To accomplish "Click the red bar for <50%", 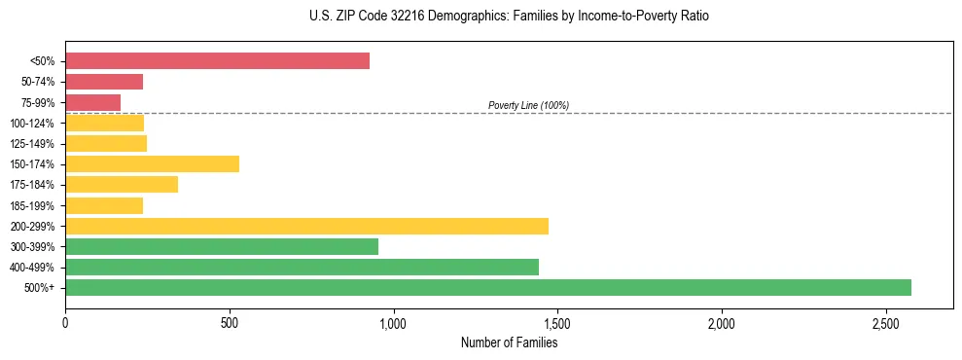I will click(217, 61).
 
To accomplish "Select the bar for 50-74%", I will click(104, 82).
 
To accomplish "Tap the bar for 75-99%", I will click(92, 102).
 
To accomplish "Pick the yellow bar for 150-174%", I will click(152, 164).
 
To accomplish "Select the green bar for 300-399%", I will click(222, 247).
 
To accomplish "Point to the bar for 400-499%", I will click(302, 268).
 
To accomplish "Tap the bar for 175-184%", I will click(122, 185).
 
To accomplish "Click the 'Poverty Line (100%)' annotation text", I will click(528, 105).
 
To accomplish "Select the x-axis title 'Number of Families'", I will click(509, 342).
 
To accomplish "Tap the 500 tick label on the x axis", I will click(230, 323).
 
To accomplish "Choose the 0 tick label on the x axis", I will click(65, 323).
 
